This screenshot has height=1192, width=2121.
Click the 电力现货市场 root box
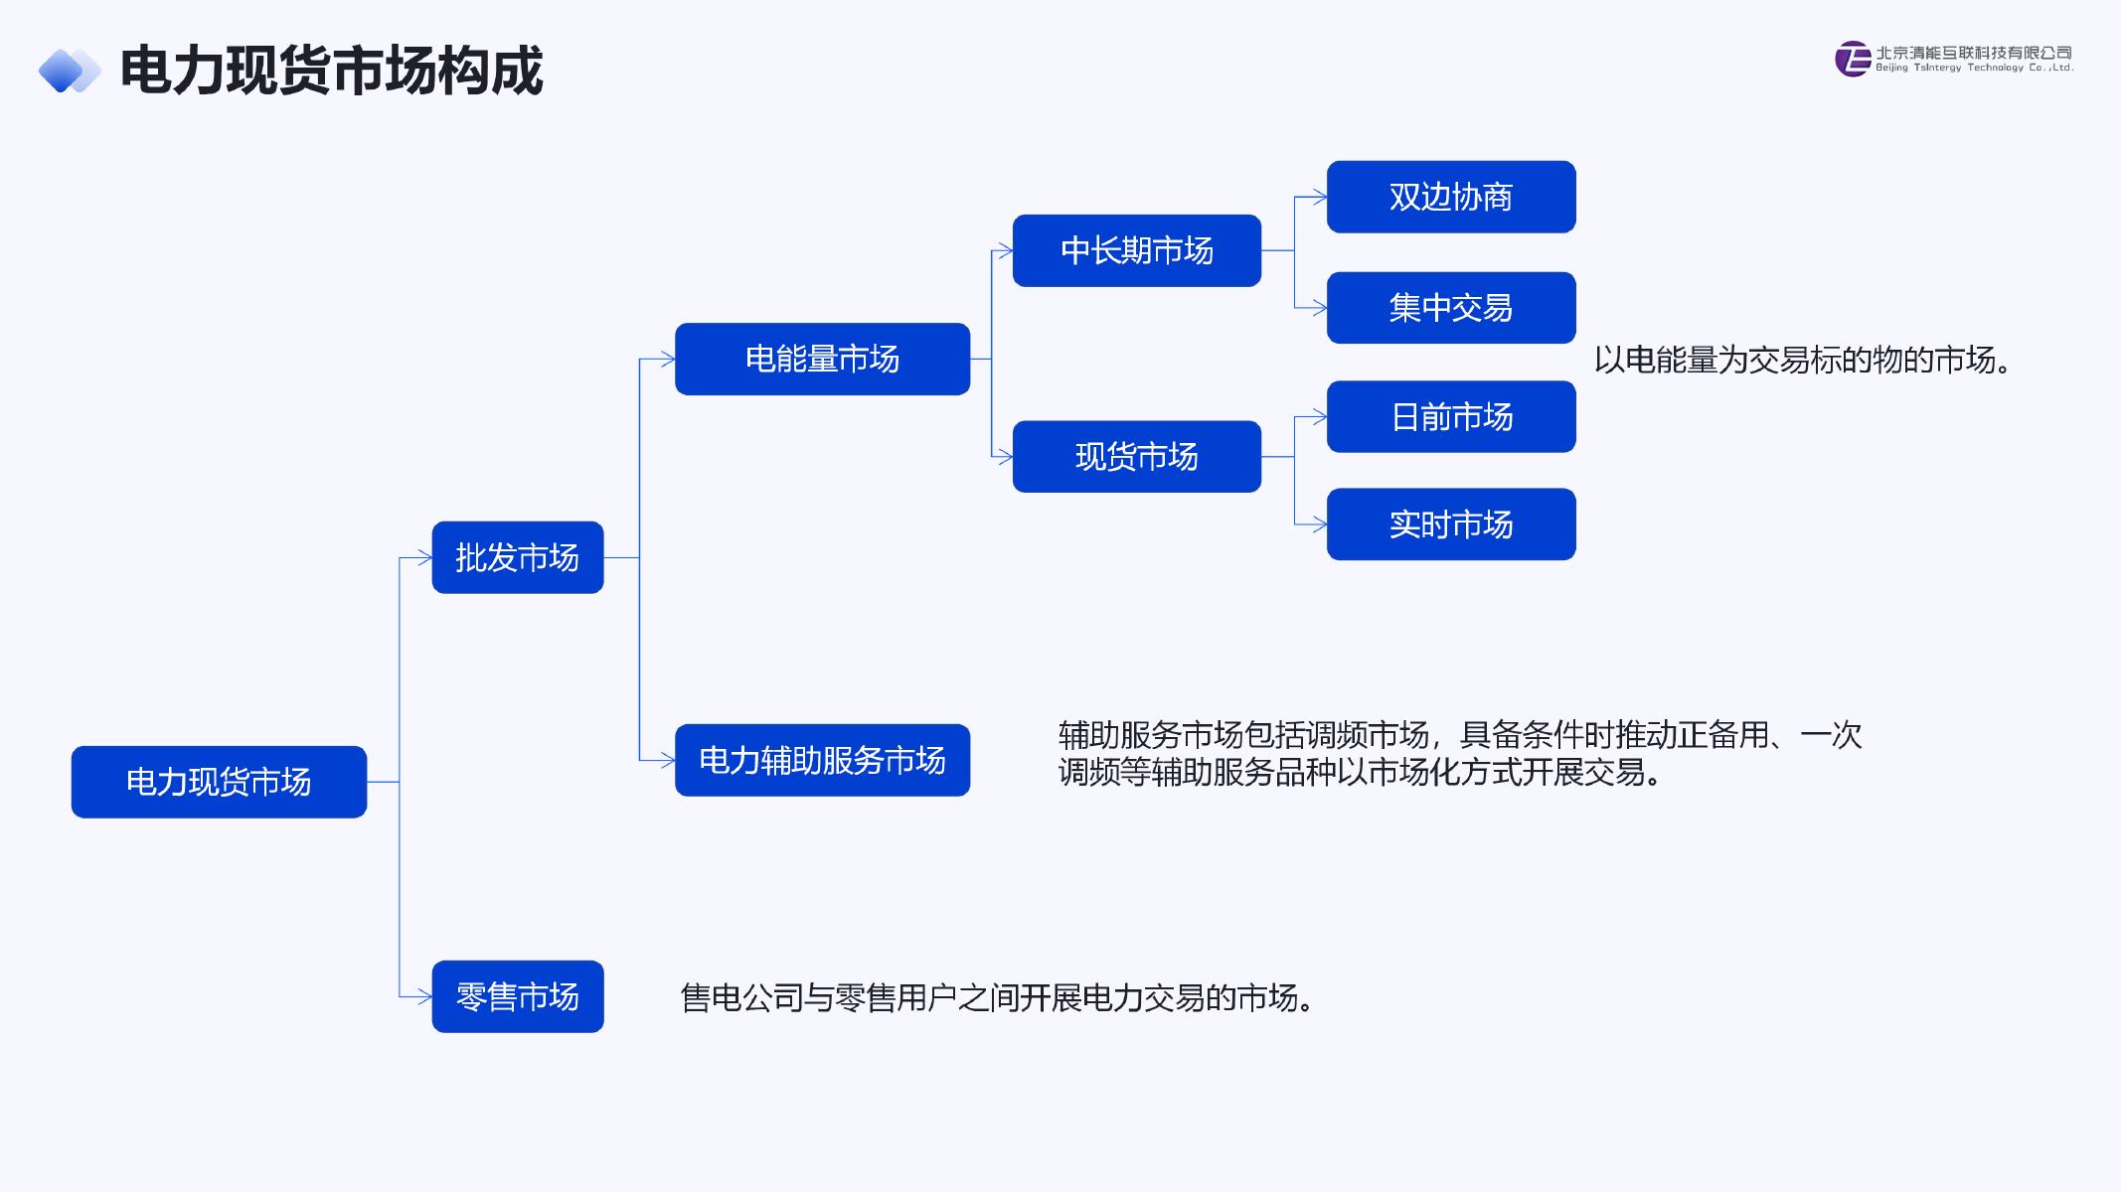219,782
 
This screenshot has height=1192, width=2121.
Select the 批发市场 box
517,557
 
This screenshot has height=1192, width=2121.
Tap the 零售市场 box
517,996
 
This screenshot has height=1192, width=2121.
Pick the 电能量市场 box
822,359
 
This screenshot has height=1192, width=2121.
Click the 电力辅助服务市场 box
822,760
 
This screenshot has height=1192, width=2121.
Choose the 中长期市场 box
1136,250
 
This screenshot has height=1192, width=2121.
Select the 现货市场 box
1136,457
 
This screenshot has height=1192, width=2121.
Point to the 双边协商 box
1450,197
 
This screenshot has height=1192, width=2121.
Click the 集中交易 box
1450,308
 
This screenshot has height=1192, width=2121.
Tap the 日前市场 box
1450,417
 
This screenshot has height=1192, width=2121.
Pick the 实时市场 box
1450,524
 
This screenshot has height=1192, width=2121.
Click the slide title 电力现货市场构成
331,71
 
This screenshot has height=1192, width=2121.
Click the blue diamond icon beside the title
69,71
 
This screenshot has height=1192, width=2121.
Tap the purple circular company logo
1853,59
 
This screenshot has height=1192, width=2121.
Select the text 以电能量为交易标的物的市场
1803,360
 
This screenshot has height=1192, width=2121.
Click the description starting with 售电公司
998,997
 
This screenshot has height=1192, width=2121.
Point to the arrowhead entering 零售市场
425,996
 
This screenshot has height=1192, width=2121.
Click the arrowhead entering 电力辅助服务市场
669,760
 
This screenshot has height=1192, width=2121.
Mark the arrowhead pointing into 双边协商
1321,197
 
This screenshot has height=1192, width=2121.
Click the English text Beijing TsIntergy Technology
1974,69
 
